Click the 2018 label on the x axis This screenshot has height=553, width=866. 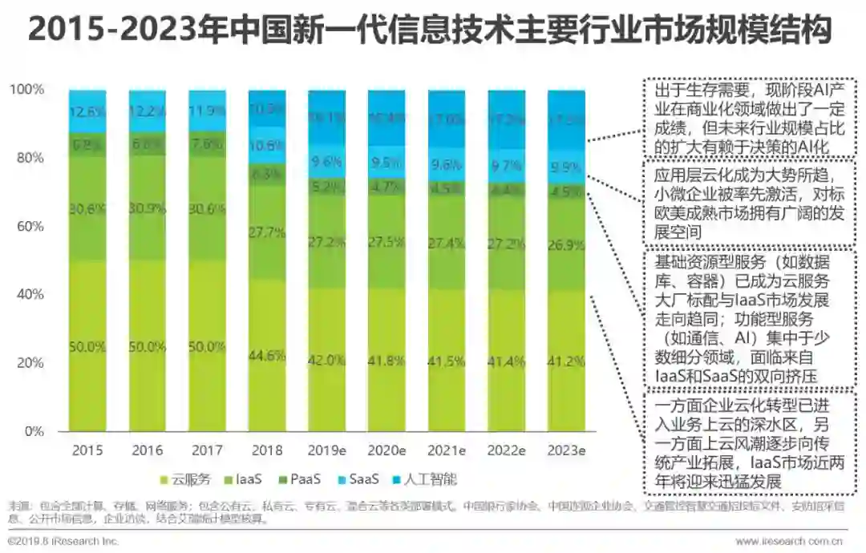(x=266, y=450)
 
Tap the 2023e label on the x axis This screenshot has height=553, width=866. (x=566, y=450)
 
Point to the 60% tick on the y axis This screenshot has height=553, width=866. (x=32, y=226)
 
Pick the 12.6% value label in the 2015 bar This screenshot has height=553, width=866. (x=88, y=111)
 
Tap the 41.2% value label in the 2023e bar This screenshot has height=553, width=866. (x=566, y=361)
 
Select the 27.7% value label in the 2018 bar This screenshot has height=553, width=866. (x=266, y=233)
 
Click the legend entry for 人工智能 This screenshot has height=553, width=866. (x=429, y=479)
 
